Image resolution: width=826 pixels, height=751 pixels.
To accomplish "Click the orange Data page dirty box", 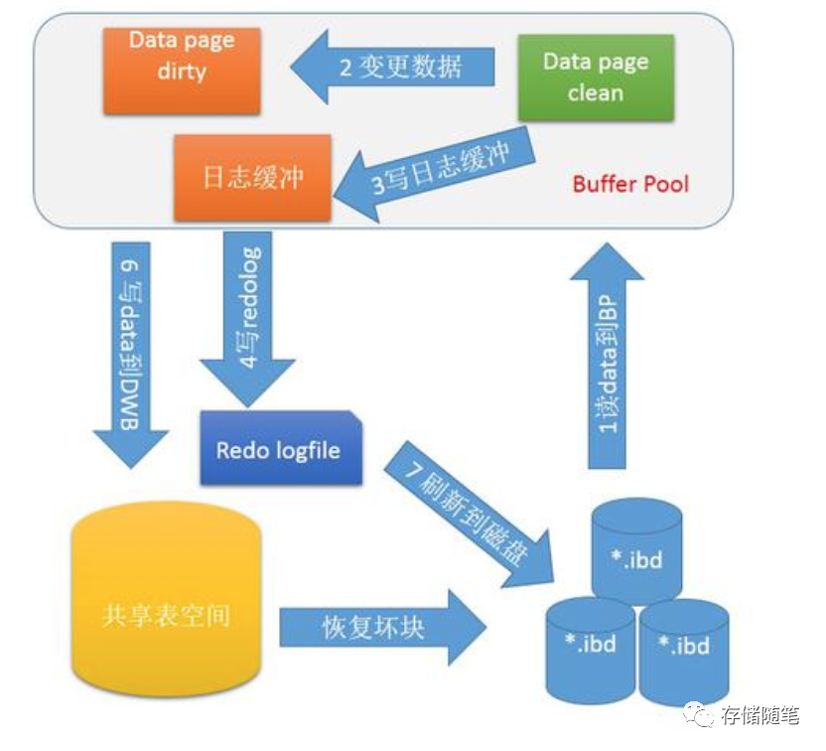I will click(182, 70).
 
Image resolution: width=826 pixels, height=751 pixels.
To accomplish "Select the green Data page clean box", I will click(596, 77).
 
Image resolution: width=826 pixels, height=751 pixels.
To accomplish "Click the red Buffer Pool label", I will click(630, 184).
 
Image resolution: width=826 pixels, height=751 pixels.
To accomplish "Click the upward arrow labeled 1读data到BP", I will click(607, 348).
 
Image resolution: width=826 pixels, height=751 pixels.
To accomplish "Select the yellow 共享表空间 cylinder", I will click(167, 616).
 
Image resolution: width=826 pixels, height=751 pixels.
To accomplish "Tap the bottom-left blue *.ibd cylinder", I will click(590, 646).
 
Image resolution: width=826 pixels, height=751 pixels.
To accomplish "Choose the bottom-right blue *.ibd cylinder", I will click(685, 648).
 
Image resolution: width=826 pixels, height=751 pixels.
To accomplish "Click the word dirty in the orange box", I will click(181, 72).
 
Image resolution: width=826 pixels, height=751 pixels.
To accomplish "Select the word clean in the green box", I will click(596, 93).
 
